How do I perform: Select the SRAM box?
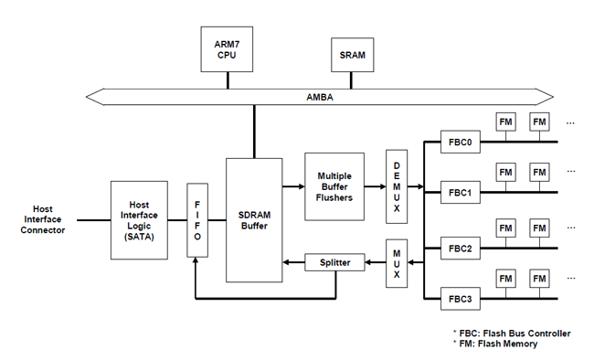(352, 56)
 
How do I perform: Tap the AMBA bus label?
(319, 96)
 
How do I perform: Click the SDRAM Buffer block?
(254, 219)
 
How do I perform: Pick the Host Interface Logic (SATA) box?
(138, 219)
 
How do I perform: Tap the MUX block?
(396, 262)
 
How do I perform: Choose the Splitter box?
(334, 263)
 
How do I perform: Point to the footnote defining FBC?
(512, 333)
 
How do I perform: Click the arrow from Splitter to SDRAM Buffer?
(293, 263)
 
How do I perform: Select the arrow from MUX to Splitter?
(376, 263)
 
